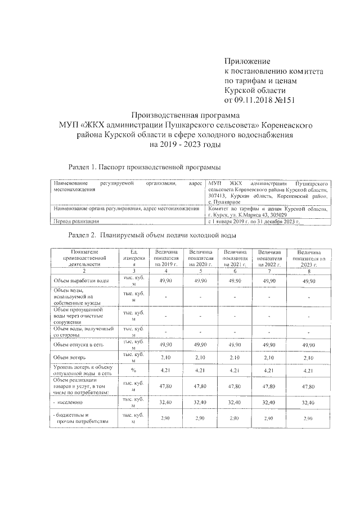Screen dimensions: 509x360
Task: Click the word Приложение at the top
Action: tap(247, 61)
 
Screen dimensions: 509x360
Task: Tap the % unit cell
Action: tap(134, 371)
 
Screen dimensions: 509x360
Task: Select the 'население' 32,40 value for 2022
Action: tap(270, 403)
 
